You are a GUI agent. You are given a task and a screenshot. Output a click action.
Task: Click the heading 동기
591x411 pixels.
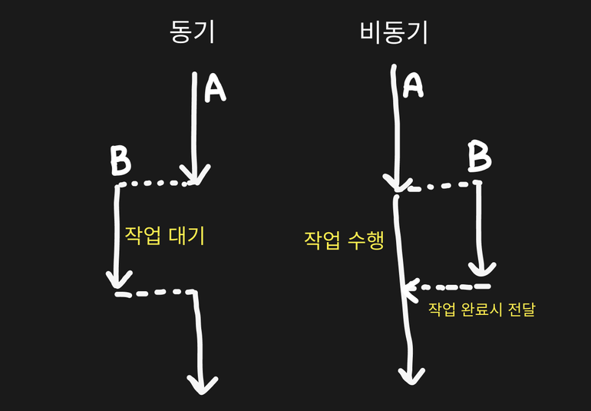(191, 32)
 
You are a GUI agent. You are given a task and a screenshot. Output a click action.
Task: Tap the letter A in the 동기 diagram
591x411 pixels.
(215, 88)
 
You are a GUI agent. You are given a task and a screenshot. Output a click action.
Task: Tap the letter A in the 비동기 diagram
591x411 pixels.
(414, 85)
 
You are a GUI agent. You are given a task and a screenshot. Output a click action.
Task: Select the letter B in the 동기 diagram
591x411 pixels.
(120, 161)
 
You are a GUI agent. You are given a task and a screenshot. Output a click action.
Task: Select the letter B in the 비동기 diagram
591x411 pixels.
(479, 158)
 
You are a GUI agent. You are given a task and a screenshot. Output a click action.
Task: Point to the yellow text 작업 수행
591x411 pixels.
(344, 240)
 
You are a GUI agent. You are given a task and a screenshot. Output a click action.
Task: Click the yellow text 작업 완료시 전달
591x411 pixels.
(481, 310)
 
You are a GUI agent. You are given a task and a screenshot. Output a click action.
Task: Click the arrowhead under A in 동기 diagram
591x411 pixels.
(196, 176)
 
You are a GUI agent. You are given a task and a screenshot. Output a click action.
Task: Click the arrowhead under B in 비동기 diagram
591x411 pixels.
(481, 268)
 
